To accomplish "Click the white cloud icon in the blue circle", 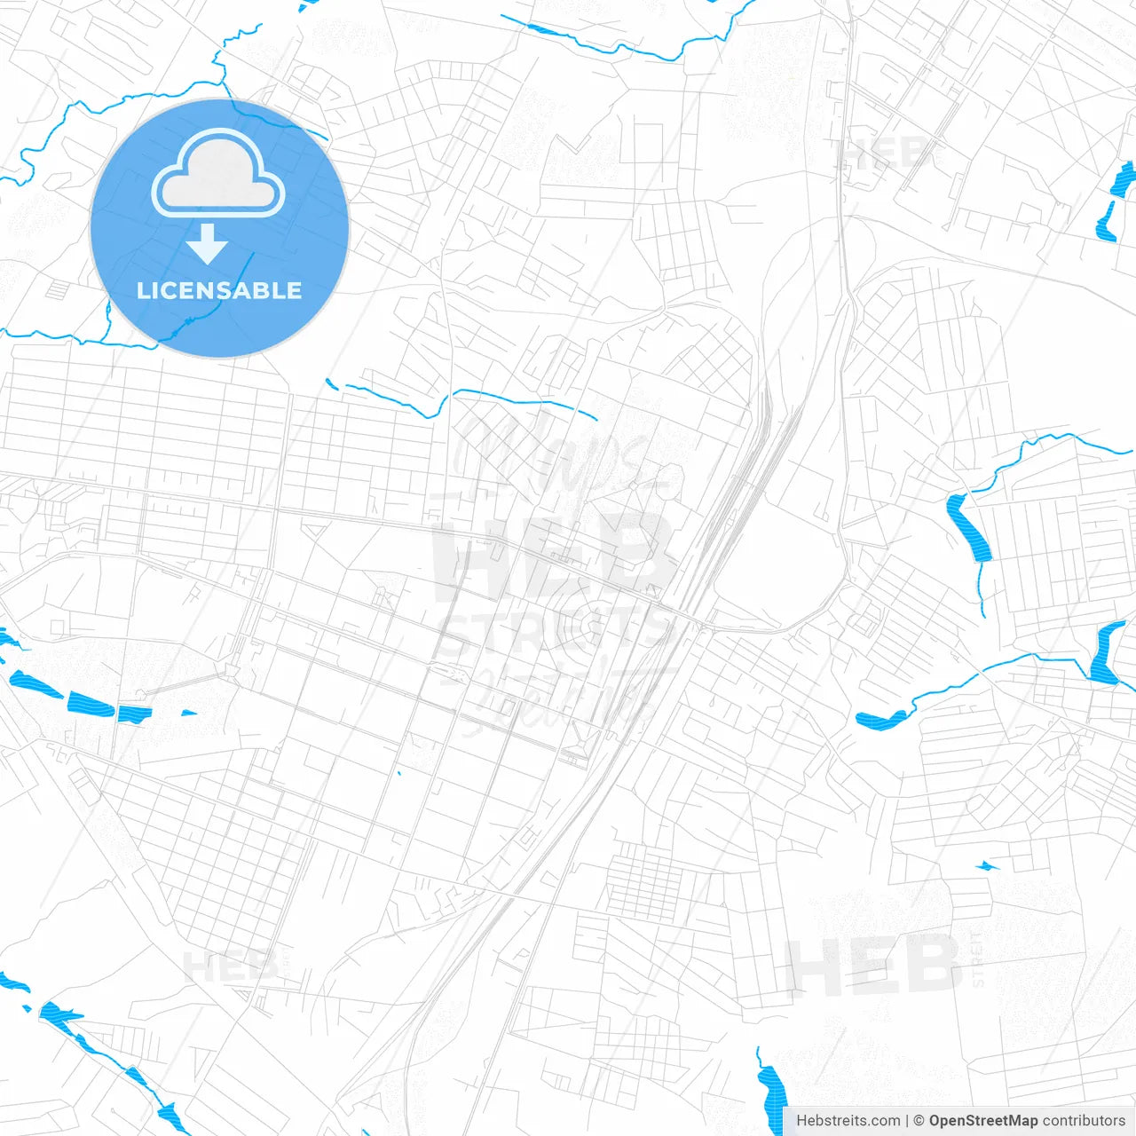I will (218, 174).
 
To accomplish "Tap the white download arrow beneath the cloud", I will (208, 244).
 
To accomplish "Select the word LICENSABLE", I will (219, 290).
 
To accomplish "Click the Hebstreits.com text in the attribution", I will (848, 1121).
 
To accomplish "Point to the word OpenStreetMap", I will (983, 1121).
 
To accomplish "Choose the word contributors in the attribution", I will (1084, 1121).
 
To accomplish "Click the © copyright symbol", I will (919, 1121).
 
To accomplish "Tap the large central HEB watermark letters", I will (555, 550).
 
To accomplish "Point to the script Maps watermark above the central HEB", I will (550, 457).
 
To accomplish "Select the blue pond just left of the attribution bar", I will (770, 1092).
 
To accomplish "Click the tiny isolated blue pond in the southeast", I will (986, 865).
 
